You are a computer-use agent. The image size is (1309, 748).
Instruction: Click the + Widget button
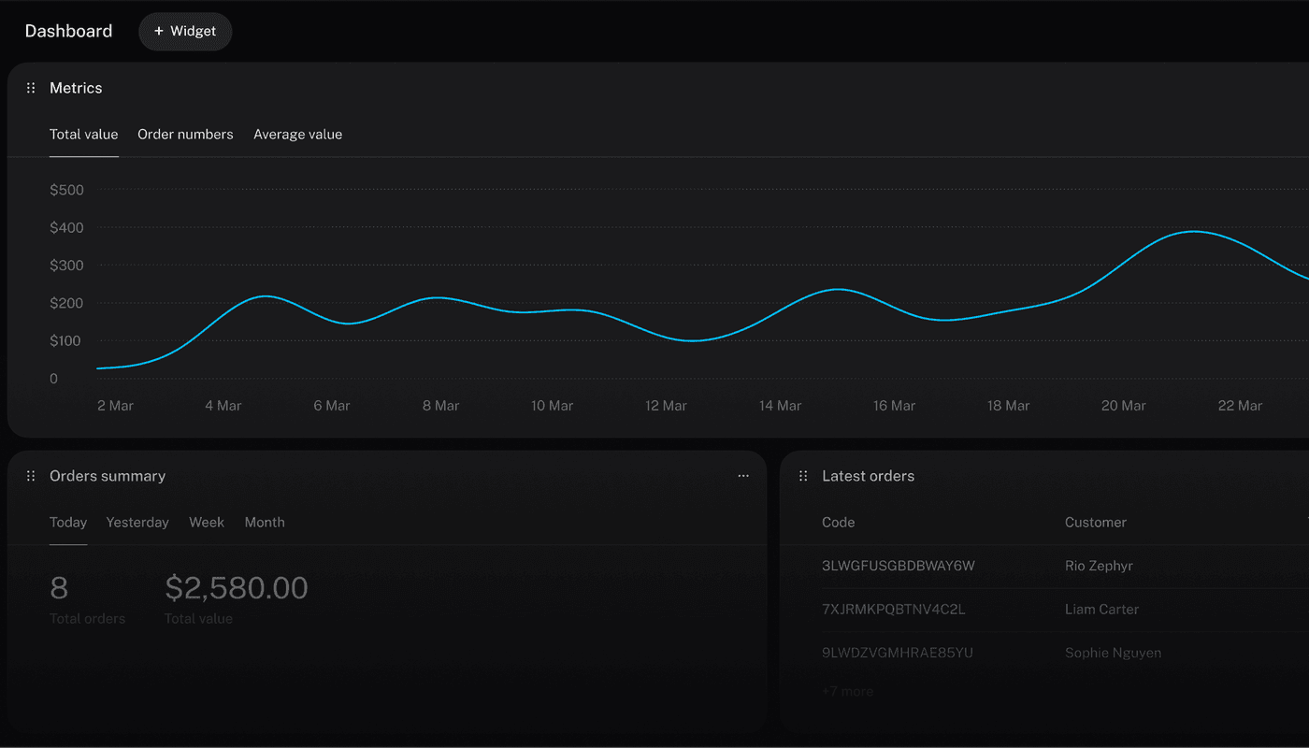(x=185, y=31)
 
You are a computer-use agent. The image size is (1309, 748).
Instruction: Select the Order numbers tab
(x=185, y=135)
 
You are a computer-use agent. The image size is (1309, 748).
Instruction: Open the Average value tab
(x=297, y=135)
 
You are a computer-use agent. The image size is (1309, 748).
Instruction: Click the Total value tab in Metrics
(x=83, y=135)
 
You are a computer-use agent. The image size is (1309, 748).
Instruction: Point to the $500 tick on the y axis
(x=66, y=190)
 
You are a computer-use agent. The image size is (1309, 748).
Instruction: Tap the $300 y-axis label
(x=66, y=266)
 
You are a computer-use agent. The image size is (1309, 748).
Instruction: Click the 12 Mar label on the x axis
(x=666, y=406)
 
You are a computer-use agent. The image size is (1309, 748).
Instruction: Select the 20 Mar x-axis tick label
(x=1123, y=406)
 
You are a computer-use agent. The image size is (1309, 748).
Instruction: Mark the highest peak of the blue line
(x=1194, y=231)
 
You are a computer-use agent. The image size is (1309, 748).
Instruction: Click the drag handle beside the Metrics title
(x=31, y=88)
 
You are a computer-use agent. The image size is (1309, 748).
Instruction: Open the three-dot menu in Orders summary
(x=743, y=476)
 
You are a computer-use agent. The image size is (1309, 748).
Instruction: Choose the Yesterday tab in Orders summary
(x=137, y=523)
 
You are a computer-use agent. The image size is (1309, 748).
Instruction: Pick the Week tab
(x=207, y=523)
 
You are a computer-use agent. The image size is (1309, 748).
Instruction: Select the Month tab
(x=265, y=523)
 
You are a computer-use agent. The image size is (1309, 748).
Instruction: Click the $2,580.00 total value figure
(x=237, y=588)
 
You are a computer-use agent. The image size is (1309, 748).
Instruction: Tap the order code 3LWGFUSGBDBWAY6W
(x=898, y=566)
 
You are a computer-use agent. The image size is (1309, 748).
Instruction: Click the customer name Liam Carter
(x=1101, y=610)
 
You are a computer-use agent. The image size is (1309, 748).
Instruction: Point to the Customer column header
(x=1095, y=523)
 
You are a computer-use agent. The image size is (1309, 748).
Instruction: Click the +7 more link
(x=847, y=692)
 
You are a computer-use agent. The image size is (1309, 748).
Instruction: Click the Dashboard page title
(x=68, y=31)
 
